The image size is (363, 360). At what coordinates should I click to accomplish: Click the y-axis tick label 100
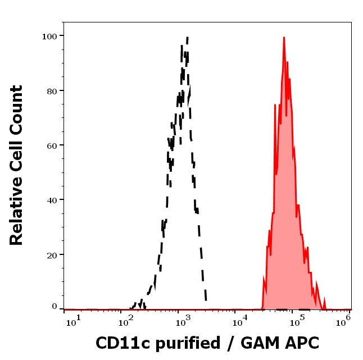tap(49, 36)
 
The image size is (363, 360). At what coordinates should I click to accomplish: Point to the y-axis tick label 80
tap(52, 90)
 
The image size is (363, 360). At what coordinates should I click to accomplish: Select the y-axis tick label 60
tap(52, 145)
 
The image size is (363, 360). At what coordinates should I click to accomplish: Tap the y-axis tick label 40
tap(52, 199)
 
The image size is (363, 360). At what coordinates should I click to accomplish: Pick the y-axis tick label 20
tap(52, 254)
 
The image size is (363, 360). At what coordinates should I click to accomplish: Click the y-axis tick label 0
tap(55, 307)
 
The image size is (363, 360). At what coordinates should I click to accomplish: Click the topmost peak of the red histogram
tap(284, 38)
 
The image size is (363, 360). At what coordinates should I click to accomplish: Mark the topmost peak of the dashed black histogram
tap(187, 37)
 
